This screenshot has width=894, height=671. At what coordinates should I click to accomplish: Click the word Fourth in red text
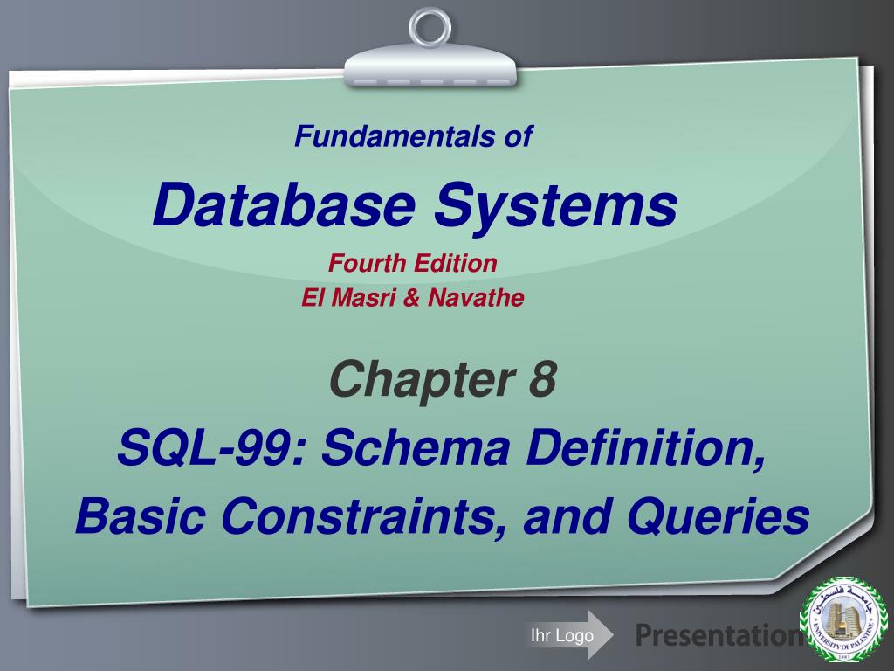coord(368,263)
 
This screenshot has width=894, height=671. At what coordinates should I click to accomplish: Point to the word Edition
coord(456,263)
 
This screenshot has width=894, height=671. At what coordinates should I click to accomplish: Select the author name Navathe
coord(476,297)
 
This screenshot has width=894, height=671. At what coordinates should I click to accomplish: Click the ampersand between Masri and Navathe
coord(411,297)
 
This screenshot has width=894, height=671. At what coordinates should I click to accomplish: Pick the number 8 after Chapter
coord(542,378)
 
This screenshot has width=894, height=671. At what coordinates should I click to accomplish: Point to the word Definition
coord(646,449)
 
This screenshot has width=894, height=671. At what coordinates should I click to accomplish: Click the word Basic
coord(141,515)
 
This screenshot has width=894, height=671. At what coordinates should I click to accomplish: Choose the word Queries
coord(718,515)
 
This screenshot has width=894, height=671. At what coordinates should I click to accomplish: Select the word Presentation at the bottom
coord(719,634)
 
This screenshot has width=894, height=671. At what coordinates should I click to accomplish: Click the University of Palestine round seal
coord(843,619)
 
